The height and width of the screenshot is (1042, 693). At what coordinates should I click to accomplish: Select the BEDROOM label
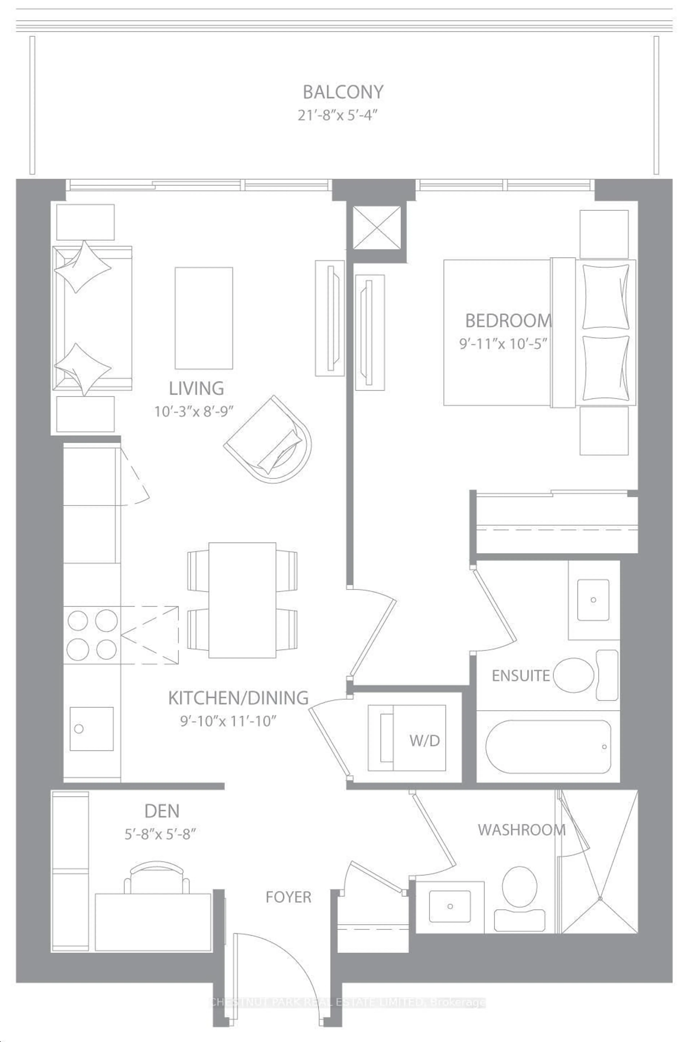508,320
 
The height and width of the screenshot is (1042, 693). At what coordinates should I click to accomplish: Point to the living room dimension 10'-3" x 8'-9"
194,412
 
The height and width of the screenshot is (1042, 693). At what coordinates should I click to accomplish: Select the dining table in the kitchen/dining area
242,600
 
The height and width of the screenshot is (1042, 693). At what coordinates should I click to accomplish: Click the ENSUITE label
521,675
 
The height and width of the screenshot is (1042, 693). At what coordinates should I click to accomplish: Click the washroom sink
450,906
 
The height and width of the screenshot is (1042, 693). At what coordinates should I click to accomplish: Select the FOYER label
288,897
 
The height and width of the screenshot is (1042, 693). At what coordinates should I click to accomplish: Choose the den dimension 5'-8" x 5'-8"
160,834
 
